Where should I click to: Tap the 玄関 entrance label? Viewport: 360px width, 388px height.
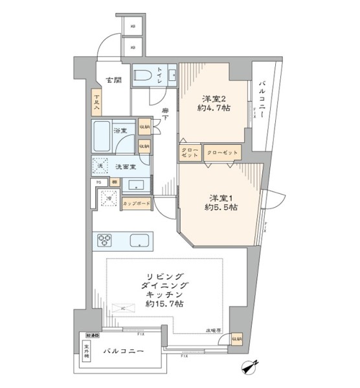click(115, 81)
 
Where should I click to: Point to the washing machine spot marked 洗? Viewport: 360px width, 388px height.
click(100, 166)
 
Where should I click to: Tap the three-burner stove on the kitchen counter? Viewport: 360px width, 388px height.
click(106, 241)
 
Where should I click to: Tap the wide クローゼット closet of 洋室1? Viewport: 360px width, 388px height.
click(223, 153)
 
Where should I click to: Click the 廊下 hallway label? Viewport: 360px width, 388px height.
click(166, 114)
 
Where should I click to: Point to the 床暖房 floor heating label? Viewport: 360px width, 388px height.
click(214, 330)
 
